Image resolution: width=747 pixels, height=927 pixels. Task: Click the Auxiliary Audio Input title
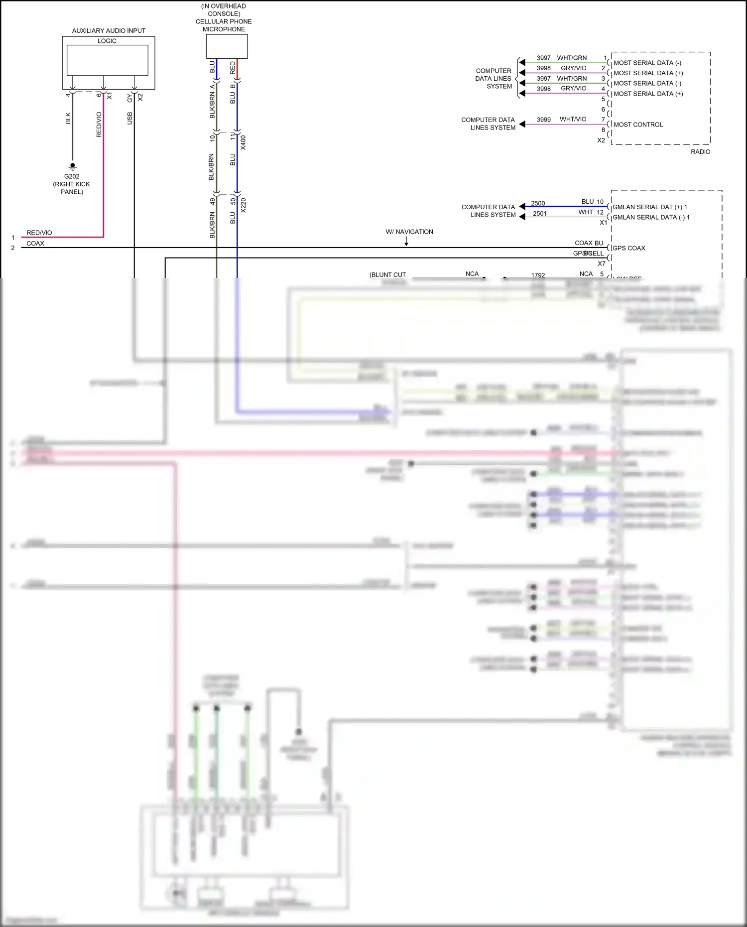[x=109, y=31]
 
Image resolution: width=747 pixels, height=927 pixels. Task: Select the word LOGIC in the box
[x=107, y=41]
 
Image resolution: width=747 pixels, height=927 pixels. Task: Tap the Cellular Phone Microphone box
[x=227, y=46]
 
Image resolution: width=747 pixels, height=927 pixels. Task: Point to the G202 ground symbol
[x=73, y=166]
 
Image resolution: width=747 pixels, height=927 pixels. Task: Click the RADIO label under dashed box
[x=700, y=152]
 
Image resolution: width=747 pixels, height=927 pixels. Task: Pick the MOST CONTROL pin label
[x=638, y=125]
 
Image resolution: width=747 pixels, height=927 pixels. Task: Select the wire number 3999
[x=543, y=120]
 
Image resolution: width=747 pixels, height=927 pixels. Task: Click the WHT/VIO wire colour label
[x=573, y=120]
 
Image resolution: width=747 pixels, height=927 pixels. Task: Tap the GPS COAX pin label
[x=628, y=248]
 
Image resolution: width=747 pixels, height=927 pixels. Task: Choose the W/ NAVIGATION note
[x=409, y=232]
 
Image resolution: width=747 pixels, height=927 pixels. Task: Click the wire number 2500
[x=538, y=203]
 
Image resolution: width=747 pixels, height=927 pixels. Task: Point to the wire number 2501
[x=540, y=214]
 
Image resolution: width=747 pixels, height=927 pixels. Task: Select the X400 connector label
[x=243, y=142]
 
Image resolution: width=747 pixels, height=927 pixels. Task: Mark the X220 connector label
[x=243, y=205]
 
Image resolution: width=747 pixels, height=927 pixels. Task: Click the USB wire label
[x=130, y=118]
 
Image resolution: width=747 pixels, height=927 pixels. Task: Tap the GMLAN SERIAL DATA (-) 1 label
[x=650, y=217]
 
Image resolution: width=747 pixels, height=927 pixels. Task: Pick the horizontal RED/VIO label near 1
[x=39, y=233]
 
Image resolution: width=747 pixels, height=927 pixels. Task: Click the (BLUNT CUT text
[x=387, y=275]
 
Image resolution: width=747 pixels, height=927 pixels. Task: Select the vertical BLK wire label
[x=68, y=118]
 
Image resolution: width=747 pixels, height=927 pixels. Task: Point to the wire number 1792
[x=538, y=275]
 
